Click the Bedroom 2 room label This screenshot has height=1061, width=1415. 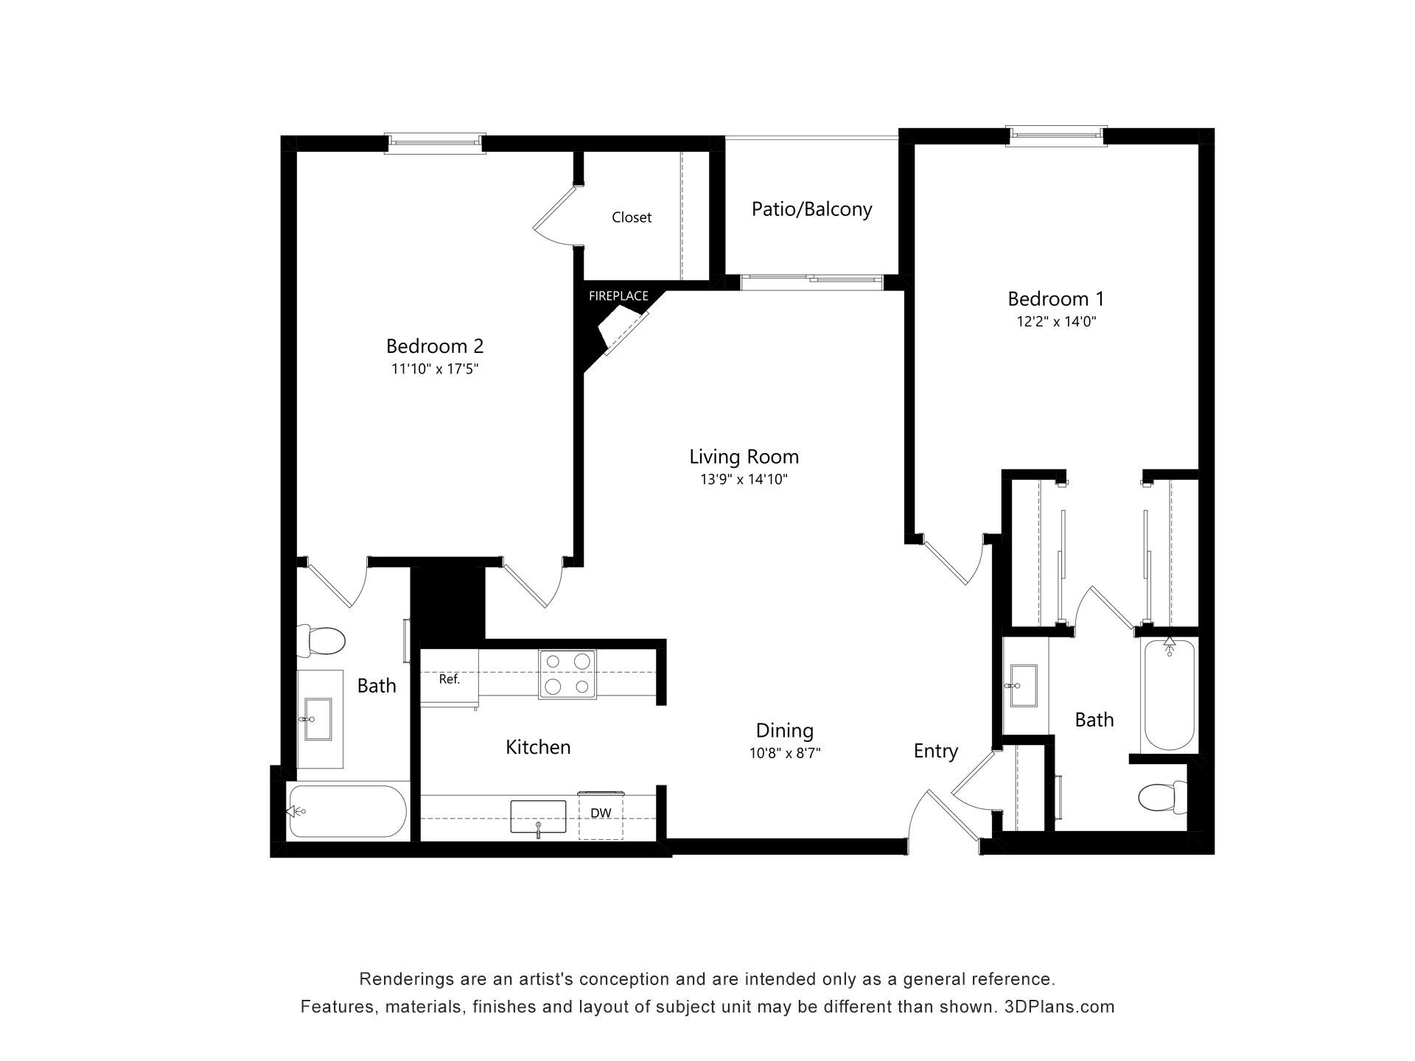point(435,346)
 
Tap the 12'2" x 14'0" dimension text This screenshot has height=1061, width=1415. point(1056,321)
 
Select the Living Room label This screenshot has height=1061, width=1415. point(744,457)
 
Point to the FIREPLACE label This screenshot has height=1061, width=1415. point(618,296)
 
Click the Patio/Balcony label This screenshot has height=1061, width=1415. point(811,209)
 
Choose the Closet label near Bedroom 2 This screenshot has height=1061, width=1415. point(632,217)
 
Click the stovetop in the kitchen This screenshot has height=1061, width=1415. point(567,674)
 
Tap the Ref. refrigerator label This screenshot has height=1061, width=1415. point(450,679)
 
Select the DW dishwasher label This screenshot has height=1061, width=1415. point(601,813)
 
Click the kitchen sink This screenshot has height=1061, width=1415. point(538,817)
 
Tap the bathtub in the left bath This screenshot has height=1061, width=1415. point(347,811)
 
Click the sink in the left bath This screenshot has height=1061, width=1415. point(319,719)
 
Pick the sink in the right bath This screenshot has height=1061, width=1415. point(1025,686)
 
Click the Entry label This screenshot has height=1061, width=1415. point(936,752)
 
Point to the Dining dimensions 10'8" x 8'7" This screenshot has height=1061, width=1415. point(785,753)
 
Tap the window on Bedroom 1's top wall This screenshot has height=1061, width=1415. point(1057,136)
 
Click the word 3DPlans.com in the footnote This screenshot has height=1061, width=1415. point(1060,1006)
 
